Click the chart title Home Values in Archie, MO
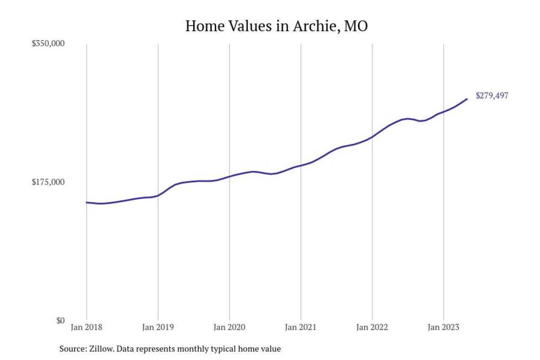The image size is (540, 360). pyautogui.click(x=276, y=26)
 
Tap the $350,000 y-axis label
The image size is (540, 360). pyautogui.click(x=48, y=43)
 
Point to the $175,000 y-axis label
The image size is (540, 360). pyautogui.click(x=48, y=182)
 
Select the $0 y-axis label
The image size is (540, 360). pyautogui.click(x=60, y=321)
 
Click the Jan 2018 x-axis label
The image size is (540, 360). pyautogui.click(x=86, y=328)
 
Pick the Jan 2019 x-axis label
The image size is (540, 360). pyautogui.click(x=158, y=328)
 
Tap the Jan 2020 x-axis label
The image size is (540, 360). pyautogui.click(x=229, y=328)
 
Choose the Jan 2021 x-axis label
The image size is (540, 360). pyautogui.click(x=301, y=328)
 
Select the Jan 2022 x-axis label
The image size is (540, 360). pyautogui.click(x=372, y=328)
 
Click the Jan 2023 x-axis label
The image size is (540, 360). pyautogui.click(x=443, y=328)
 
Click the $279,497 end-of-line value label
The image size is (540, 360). pyautogui.click(x=492, y=96)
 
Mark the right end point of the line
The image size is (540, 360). pyautogui.click(x=467, y=99)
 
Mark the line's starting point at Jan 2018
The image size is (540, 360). pyautogui.click(x=86, y=203)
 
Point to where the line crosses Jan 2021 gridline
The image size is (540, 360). pyautogui.click(x=301, y=165)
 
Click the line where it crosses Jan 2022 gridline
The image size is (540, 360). pyautogui.click(x=372, y=137)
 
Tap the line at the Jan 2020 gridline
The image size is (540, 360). pyautogui.click(x=229, y=176)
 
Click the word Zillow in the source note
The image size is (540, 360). pyautogui.click(x=102, y=349)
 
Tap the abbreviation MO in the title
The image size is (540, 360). pyautogui.click(x=356, y=26)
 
